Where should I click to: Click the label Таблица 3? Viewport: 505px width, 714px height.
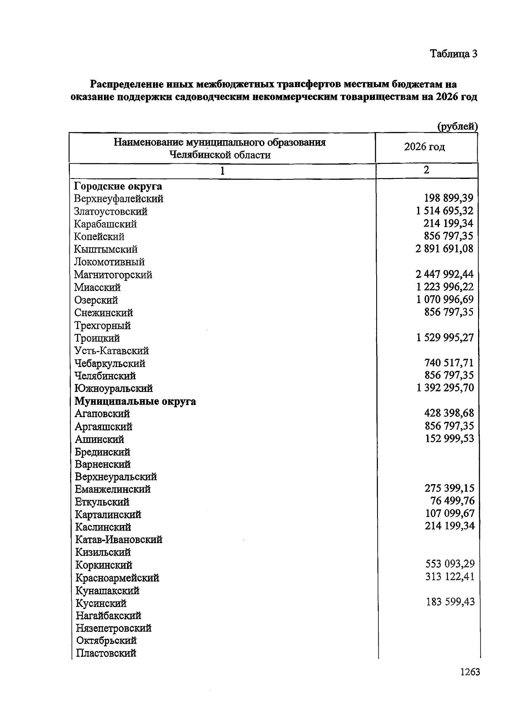click(453, 54)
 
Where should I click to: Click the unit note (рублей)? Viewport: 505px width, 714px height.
click(457, 126)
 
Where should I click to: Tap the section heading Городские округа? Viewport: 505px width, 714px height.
click(118, 186)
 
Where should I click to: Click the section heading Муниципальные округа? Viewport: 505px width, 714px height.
click(135, 401)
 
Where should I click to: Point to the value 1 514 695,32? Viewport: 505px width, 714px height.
click(444, 211)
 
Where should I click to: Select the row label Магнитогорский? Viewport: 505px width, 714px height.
click(113, 275)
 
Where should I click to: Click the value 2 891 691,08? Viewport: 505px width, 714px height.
click(444, 249)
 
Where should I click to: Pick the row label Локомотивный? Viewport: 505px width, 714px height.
click(109, 262)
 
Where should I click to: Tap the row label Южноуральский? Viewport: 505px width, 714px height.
click(114, 388)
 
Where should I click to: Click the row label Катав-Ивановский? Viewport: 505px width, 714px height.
click(119, 539)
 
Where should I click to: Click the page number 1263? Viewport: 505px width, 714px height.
click(470, 672)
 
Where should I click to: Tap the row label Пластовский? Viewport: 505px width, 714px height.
click(106, 653)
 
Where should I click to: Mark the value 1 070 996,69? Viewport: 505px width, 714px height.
click(445, 299)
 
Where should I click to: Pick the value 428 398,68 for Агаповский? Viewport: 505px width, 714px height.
click(449, 413)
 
